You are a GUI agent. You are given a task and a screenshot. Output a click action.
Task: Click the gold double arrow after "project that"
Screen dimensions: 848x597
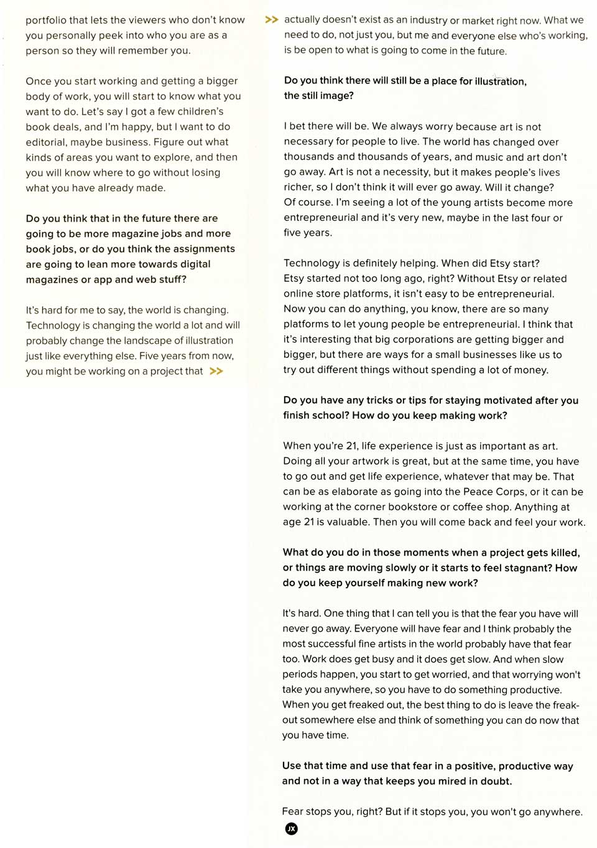click(x=216, y=371)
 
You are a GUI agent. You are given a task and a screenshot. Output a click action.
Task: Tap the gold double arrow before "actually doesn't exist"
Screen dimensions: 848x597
click(x=271, y=20)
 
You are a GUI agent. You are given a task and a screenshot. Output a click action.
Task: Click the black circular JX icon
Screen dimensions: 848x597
click(x=291, y=829)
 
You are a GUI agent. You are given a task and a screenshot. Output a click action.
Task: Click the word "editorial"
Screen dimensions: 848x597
click(x=45, y=142)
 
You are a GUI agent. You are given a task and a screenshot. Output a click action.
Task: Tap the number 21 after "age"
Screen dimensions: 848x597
click(x=309, y=522)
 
